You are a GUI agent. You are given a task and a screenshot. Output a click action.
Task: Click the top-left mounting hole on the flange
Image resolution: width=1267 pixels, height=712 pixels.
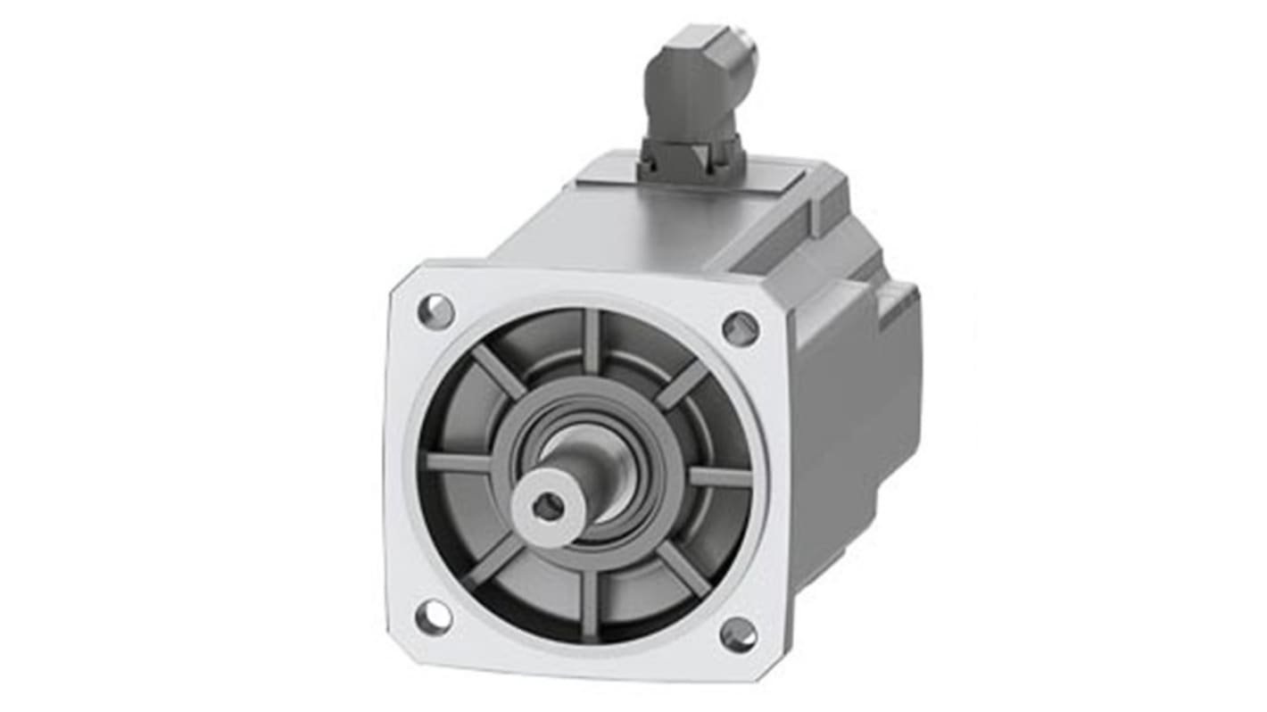coord(436,311)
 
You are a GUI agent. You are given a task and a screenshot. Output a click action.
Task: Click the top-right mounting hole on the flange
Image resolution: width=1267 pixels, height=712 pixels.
coord(741,328)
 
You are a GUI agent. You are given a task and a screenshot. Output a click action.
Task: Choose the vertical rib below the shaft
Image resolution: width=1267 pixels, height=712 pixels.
coord(588,602)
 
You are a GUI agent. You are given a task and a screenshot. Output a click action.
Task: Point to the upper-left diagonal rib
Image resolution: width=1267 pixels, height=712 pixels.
coord(497,370)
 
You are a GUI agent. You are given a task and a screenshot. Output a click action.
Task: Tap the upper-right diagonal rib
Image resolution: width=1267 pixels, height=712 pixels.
coord(682,384)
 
